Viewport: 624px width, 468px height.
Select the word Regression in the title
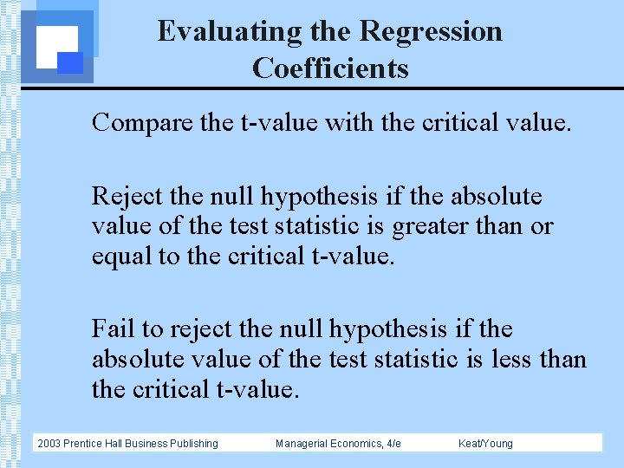tap(431, 32)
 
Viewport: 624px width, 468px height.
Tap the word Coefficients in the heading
tap(330, 68)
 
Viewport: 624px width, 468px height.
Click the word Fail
tap(113, 329)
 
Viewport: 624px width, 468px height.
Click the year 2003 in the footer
tap(49, 444)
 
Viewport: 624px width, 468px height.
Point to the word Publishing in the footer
tap(193, 444)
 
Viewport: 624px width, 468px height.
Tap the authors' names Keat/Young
tap(485, 444)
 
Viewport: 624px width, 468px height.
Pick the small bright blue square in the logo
tap(70, 62)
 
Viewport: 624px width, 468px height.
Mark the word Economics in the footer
tap(354, 444)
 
